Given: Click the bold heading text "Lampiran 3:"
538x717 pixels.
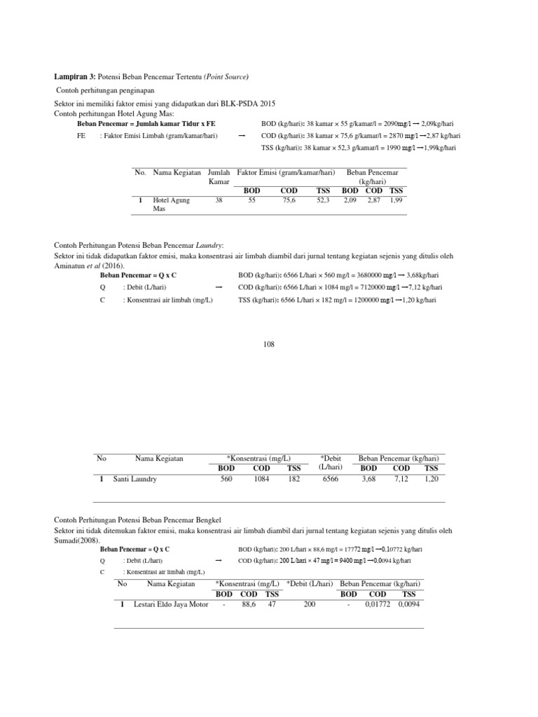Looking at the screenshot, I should (75, 76).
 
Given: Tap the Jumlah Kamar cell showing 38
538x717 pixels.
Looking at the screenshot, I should (219, 200).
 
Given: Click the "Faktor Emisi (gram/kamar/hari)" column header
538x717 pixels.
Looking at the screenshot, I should (286, 172).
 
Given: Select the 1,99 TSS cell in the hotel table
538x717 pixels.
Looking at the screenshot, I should (396, 200).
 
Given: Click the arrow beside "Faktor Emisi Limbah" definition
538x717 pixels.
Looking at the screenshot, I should (242, 136).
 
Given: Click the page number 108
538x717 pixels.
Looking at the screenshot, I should (269, 344).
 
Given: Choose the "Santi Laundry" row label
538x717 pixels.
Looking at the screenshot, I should (135, 479).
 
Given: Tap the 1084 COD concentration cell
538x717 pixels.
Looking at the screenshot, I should (261, 479).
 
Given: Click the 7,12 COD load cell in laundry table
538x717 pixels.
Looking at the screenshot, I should (401, 479).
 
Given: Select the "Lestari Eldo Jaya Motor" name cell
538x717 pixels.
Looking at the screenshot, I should (171, 604).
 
